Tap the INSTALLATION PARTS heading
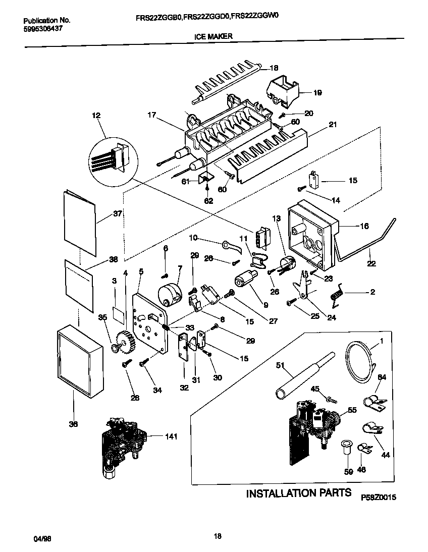point(298,493)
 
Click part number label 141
point(172,436)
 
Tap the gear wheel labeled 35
point(121,338)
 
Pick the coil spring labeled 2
point(338,294)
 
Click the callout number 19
point(317,93)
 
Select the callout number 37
point(118,214)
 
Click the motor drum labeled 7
point(170,294)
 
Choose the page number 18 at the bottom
point(218,536)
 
